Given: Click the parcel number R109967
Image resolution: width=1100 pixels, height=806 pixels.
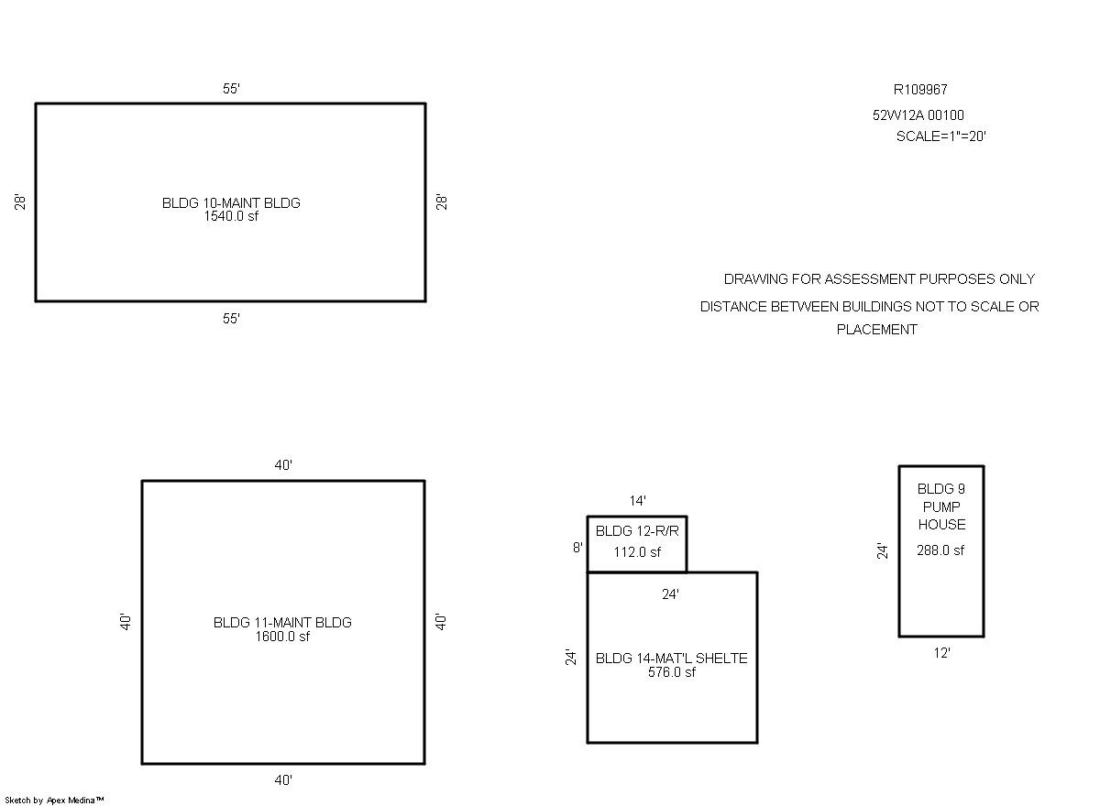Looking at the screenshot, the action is click(920, 90).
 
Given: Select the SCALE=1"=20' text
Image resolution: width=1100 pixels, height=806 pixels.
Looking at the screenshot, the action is click(940, 136).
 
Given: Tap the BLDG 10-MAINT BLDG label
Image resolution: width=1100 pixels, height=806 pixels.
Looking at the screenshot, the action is click(231, 203).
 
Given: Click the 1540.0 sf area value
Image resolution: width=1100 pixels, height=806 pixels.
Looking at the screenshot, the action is click(231, 216).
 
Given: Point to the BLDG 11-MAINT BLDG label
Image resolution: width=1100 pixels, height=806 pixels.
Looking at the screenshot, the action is click(282, 623).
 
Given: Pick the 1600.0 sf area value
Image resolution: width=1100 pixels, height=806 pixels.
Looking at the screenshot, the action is click(282, 637).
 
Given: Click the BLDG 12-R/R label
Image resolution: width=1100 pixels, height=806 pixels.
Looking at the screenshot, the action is click(637, 531).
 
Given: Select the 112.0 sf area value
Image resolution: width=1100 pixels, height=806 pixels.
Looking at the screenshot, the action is click(637, 552).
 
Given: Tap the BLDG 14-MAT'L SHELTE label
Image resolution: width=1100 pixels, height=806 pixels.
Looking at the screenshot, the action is click(671, 659).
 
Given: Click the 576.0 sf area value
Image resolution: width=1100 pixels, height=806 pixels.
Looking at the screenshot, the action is click(671, 672).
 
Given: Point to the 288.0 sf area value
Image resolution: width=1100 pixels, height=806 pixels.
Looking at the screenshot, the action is click(940, 550).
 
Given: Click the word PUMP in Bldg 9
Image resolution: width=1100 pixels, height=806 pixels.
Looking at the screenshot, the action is click(941, 506).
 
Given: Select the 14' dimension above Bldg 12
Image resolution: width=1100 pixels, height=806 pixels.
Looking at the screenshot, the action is click(637, 501).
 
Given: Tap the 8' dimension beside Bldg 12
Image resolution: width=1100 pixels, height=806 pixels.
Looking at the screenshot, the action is click(578, 548).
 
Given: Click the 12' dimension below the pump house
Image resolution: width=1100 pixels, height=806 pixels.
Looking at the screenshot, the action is click(941, 653).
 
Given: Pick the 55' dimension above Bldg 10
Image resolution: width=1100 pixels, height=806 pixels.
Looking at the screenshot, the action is click(231, 89).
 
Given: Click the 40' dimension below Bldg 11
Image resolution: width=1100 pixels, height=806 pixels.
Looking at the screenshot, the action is click(283, 780).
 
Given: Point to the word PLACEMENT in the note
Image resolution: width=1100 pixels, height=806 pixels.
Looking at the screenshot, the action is click(876, 330).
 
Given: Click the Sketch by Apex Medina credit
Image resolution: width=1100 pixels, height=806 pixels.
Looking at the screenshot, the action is click(54, 801).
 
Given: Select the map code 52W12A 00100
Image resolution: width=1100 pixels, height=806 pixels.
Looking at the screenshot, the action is click(918, 115).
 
